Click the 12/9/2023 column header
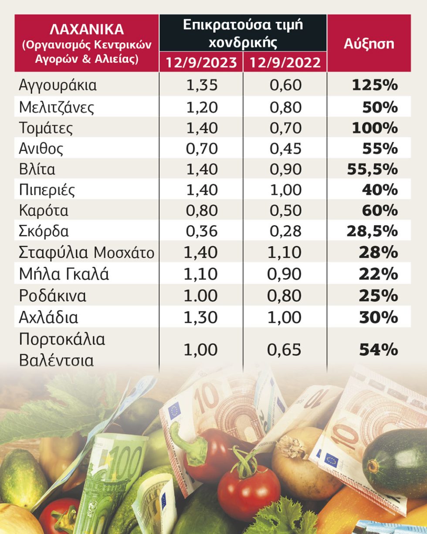(201, 62)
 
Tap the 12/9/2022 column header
(285, 62)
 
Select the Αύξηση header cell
(369, 44)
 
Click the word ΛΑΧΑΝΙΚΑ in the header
(87, 30)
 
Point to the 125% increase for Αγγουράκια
(375, 85)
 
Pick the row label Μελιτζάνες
(57, 107)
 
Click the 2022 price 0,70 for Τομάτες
(285, 128)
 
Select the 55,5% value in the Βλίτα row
(372, 169)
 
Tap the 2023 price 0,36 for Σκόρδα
(202, 231)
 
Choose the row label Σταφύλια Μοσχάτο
(87, 252)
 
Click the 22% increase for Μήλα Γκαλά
(378, 274)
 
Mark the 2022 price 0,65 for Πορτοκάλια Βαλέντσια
(284, 350)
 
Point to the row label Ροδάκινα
(53, 296)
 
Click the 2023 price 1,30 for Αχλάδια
(200, 317)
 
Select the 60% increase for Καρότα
(380, 211)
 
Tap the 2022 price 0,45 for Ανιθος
(285, 149)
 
